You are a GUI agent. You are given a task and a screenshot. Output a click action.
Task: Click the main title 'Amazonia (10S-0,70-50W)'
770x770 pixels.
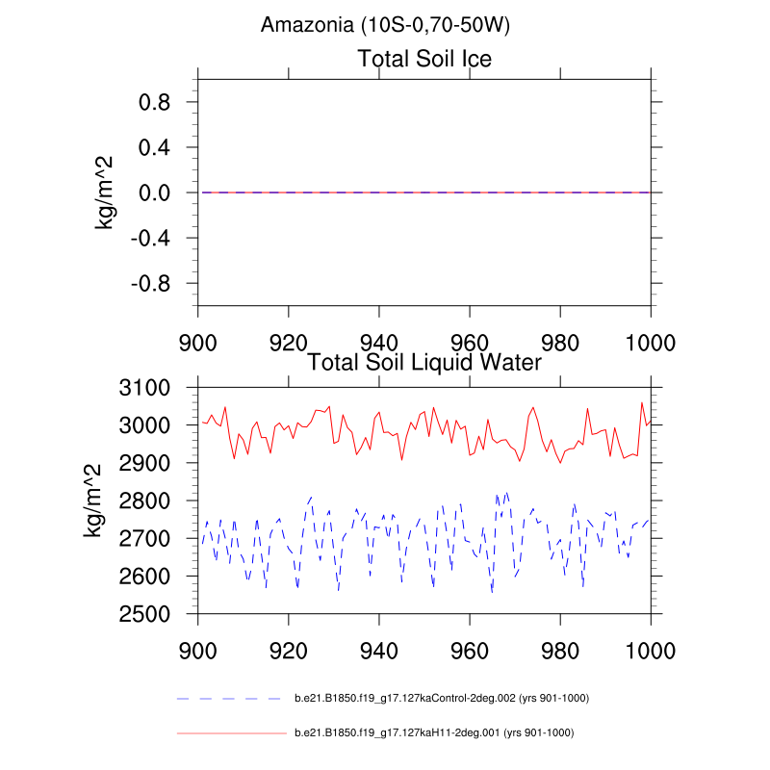coord(385,26)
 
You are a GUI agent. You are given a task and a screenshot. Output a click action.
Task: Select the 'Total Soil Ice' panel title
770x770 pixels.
coord(424,59)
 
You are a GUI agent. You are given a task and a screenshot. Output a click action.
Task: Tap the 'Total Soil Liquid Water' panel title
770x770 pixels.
coord(424,363)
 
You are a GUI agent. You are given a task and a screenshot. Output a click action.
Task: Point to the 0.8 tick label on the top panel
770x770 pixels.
coord(154,102)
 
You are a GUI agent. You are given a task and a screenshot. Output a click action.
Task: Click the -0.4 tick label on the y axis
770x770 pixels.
coord(149,239)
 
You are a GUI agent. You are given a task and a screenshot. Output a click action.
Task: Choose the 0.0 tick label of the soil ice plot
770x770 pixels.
coord(154,193)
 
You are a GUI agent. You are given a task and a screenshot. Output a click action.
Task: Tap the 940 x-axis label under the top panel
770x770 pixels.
coord(379,342)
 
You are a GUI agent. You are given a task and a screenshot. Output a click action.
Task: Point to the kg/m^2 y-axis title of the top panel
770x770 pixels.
coord(105,192)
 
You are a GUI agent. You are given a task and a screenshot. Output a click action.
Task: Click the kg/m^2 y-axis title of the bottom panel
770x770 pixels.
coord(92,500)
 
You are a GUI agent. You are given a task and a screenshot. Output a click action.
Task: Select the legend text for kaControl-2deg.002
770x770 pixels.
coord(441,698)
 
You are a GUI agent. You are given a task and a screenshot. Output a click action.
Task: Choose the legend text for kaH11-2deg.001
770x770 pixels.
coord(433,733)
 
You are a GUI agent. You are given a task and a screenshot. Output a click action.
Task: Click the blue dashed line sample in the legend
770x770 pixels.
coord(231,698)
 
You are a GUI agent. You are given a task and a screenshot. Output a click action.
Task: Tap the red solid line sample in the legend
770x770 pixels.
coord(231,733)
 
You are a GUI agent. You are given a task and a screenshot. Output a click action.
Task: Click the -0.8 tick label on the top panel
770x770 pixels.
coord(149,284)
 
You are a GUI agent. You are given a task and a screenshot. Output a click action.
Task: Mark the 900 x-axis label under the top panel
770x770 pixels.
coord(197,342)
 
